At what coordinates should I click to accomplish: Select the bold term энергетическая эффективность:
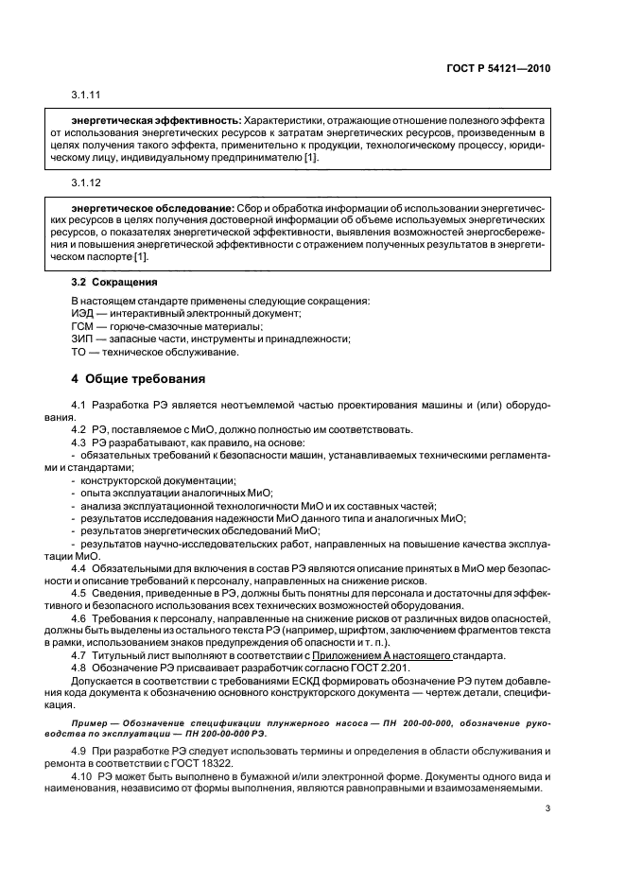click(x=156, y=121)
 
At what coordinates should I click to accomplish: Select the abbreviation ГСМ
click(x=84, y=327)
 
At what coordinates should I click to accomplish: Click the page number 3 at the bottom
click(x=547, y=808)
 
